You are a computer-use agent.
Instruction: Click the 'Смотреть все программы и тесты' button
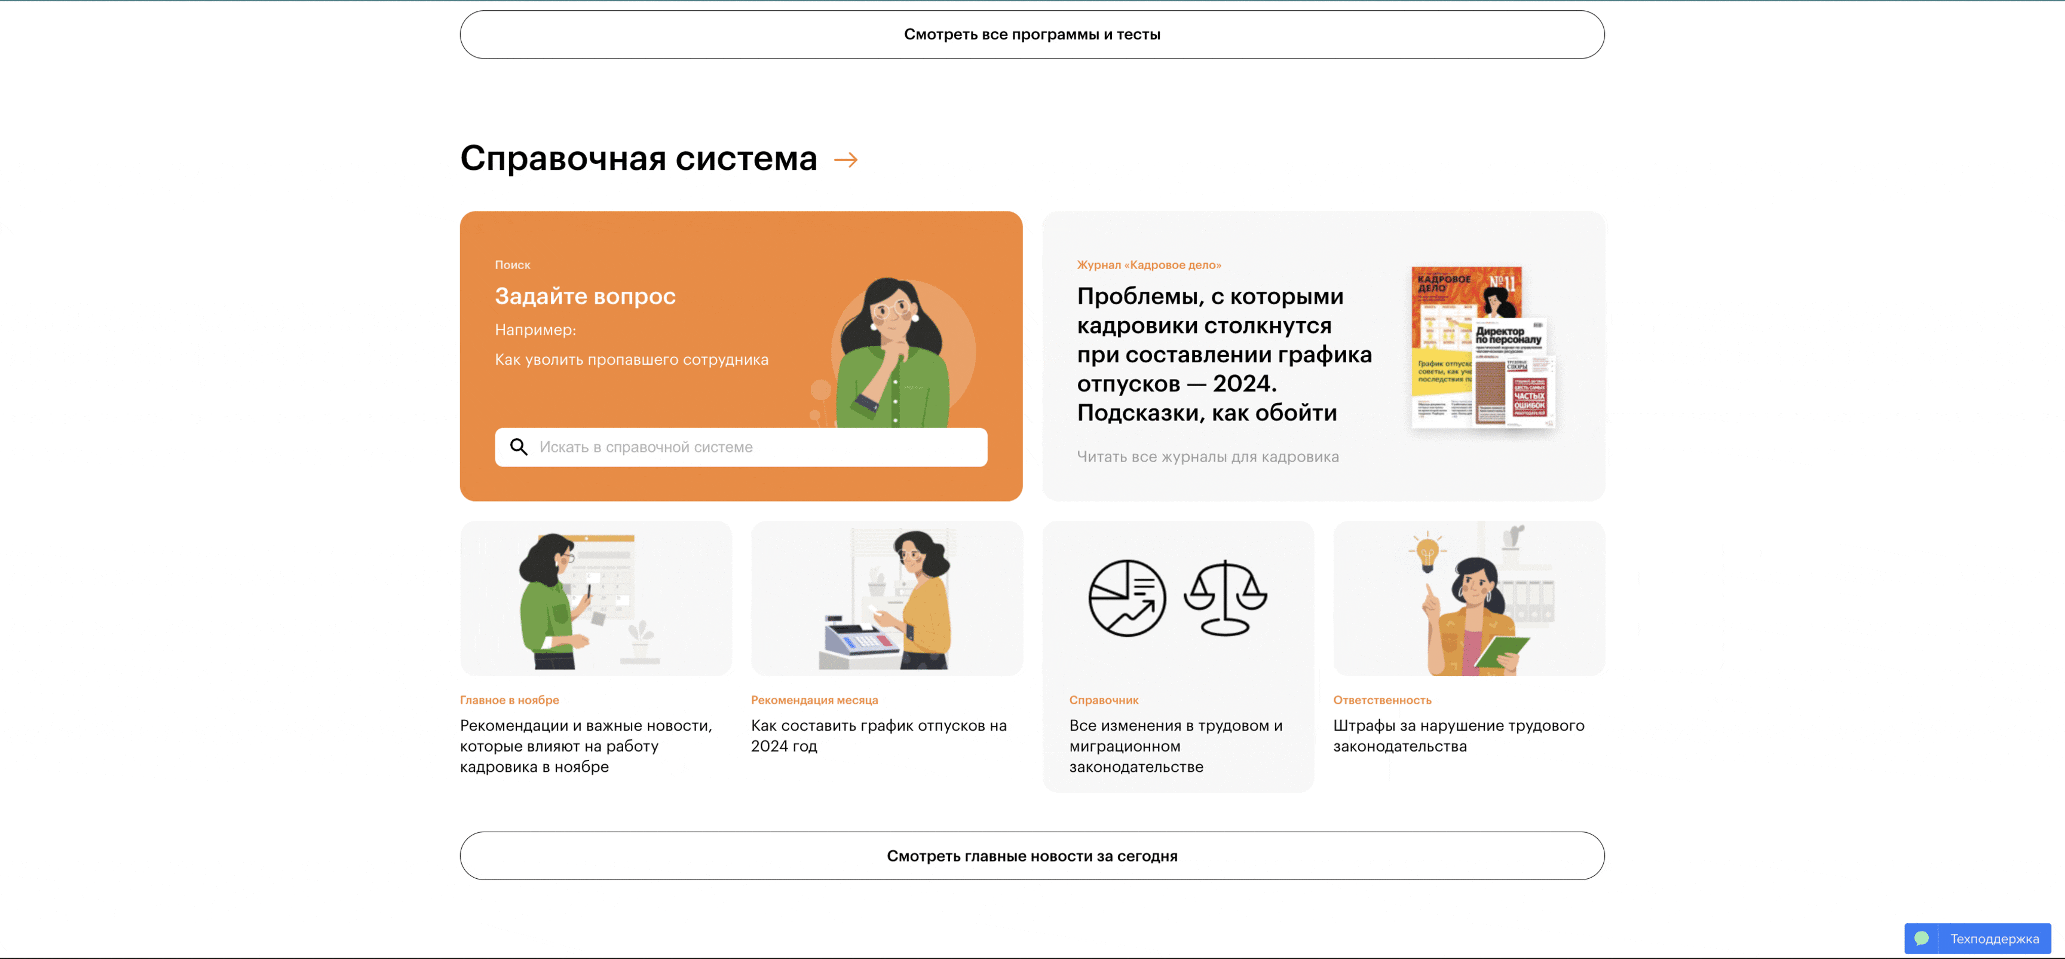coord(1032,35)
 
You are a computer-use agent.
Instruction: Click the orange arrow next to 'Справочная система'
coord(845,160)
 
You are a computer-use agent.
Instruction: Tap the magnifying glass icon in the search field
coord(519,447)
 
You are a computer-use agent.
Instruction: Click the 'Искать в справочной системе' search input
coord(753,447)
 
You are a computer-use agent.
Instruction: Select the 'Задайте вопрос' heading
coord(585,297)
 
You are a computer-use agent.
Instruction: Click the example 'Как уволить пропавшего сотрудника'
coord(631,360)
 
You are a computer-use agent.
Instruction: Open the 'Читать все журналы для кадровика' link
coord(1207,457)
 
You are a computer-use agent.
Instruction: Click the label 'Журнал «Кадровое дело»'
coord(1149,265)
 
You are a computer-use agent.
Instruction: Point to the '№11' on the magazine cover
coord(1502,282)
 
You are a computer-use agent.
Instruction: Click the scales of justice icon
coord(1225,598)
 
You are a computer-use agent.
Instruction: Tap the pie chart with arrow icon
coord(1126,598)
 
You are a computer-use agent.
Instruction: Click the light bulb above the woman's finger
coord(1427,553)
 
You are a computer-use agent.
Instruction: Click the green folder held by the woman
coord(1501,651)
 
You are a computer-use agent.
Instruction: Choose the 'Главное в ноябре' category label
coord(509,700)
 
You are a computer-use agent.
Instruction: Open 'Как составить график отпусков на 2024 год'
coord(878,735)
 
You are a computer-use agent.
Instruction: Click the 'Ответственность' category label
coord(1382,700)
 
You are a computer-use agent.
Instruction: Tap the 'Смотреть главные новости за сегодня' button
coord(1032,856)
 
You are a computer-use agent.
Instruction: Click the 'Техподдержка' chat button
coord(1978,939)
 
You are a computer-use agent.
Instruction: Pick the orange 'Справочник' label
coord(1104,700)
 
